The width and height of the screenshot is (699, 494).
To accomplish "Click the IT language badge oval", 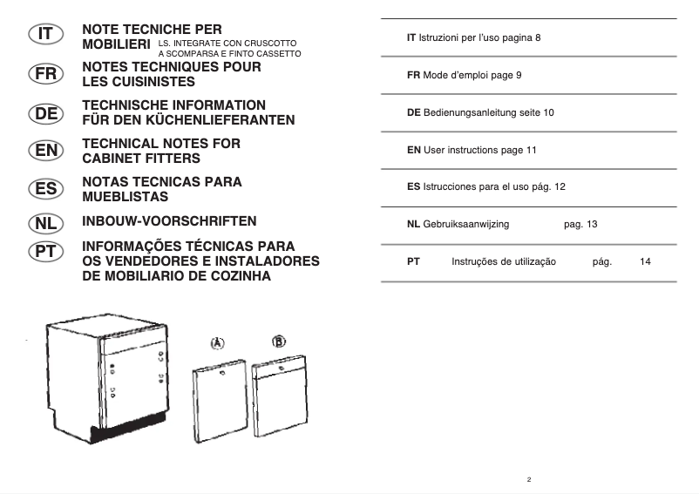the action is (43, 35).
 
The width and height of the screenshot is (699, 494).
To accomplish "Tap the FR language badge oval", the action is (43, 73).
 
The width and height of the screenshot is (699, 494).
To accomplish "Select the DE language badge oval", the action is (43, 112).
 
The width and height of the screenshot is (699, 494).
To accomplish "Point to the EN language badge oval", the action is (43, 151).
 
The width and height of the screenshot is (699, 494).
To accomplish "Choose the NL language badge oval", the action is (43, 222).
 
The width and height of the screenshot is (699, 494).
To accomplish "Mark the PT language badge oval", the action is (43, 252).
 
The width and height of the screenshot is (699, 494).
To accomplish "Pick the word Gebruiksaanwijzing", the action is (465, 224).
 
